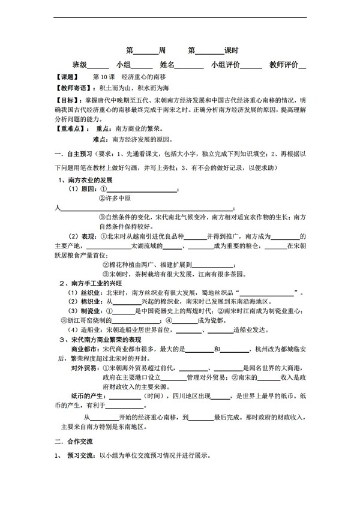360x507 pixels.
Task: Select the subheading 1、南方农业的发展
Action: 86,180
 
